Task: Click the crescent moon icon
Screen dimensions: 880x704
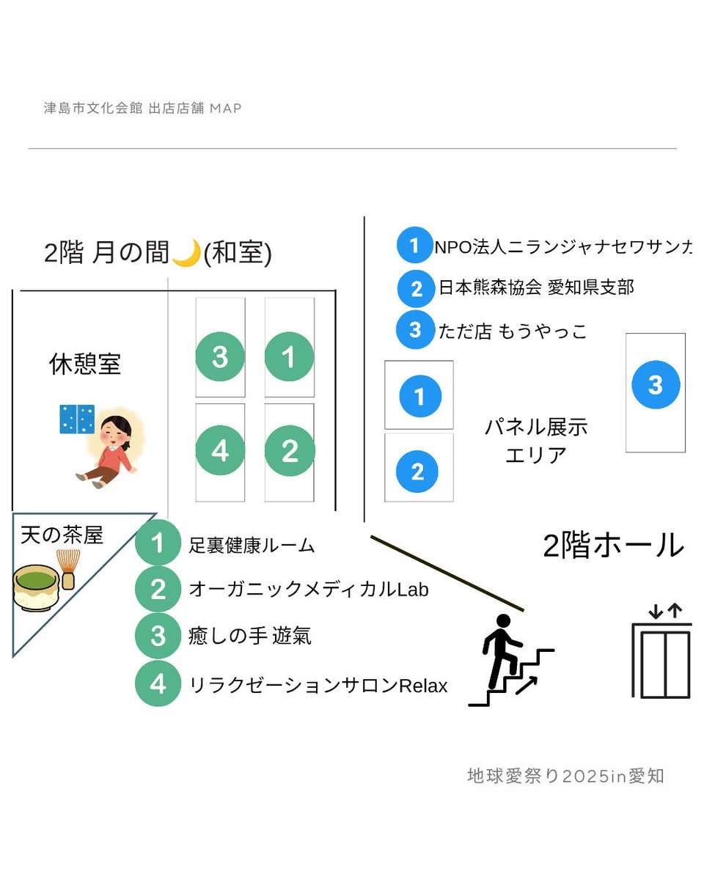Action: (186, 254)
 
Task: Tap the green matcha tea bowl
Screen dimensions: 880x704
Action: (35, 586)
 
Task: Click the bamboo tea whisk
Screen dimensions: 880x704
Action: (68, 569)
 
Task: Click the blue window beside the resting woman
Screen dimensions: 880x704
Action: (77, 419)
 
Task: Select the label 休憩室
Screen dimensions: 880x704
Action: (85, 364)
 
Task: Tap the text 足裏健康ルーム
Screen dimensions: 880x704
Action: (252, 546)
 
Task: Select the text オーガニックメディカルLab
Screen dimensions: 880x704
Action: (309, 589)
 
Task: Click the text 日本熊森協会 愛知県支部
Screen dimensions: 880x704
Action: (536, 287)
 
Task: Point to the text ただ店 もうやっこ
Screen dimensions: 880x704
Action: (512, 331)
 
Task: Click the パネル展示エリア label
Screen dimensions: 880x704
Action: (536, 441)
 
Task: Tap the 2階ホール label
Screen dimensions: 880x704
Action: (613, 546)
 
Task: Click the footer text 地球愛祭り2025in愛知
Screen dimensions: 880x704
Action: (565, 775)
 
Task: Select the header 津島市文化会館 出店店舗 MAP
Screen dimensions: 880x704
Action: (142, 109)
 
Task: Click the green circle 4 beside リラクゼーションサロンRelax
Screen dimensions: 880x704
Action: (158, 683)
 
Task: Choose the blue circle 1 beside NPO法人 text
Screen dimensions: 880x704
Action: (415, 246)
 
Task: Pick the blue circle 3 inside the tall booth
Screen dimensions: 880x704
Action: (656, 384)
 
